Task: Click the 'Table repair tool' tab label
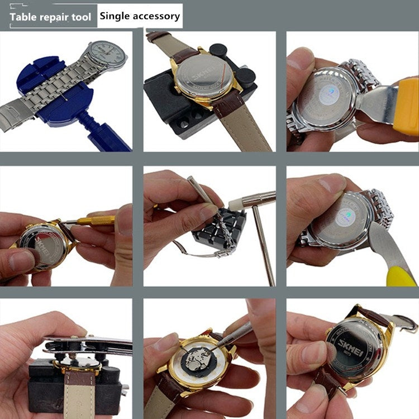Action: [x=50, y=17]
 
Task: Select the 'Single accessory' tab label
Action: [x=140, y=16]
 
